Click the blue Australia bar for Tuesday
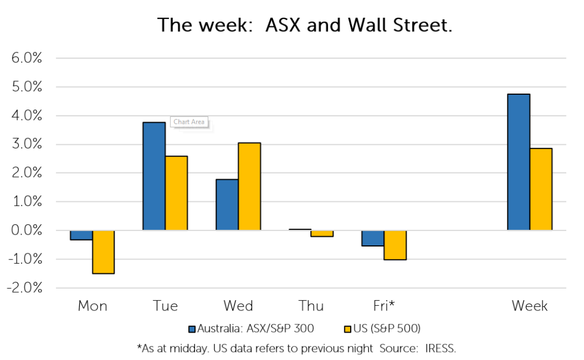pos(154,176)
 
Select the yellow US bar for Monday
pos(103,252)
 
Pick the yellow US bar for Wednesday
pos(249,187)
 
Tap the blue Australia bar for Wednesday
pos(227,205)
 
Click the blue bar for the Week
pos(518,162)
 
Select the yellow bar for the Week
pos(541,189)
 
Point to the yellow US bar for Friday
pos(395,245)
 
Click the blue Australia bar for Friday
pos(373,238)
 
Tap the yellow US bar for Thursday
pos(322,233)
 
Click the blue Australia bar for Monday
pos(81,235)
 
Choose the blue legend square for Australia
pos(192,329)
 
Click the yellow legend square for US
pos(347,329)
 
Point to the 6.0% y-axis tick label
pos(26,58)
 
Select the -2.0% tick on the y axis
pos(24,288)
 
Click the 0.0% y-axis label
pos(26,230)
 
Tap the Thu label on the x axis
pos(311,306)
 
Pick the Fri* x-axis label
pos(384,306)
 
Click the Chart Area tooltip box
pos(189,122)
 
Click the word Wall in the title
pos(368,25)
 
